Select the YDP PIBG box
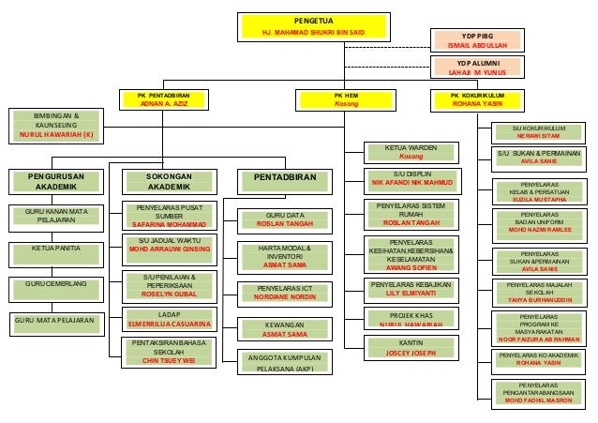[471, 38]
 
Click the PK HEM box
[345, 99]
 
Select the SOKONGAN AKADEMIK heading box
[169, 180]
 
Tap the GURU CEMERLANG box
[54, 283]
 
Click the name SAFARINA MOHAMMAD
[169, 225]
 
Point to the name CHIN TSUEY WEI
[169, 360]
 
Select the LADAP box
[169, 320]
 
